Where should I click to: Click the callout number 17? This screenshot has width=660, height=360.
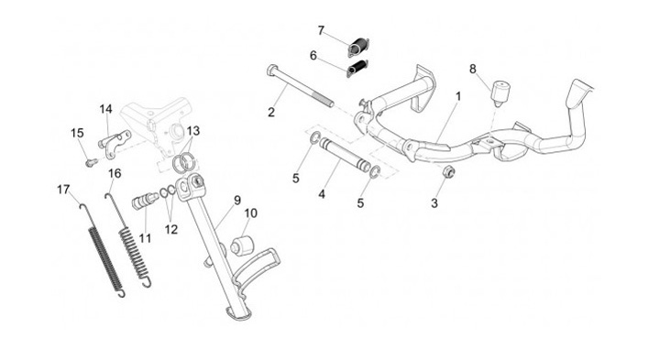[x=63, y=190]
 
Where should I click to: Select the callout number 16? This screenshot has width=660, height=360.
[x=115, y=173]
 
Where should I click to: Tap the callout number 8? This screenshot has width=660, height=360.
[x=473, y=69]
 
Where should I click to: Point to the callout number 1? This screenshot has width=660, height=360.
[x=458, y=96]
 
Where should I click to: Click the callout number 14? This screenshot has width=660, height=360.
[x=106, y=109]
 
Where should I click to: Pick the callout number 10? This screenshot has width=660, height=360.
[x=250, y=213]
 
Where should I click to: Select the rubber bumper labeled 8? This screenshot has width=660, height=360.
[x=500, y=93]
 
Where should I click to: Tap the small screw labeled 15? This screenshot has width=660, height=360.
[x=91, y=161]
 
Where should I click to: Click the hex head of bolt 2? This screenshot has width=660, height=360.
[x=271, y=70]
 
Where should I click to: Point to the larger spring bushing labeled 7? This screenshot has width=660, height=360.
[x=358, y=47]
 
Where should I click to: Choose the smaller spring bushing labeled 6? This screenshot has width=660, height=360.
[x=357, y=69]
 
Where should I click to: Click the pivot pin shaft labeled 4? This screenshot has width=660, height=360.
[x=345, y=155]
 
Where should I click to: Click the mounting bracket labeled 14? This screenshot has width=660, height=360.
[x=115, y=144]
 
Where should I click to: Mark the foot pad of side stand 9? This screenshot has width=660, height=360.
[x=238, y=313]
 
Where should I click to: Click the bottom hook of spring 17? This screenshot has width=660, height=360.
[x=121, y=293]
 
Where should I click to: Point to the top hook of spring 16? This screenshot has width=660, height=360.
[x=109, y=197]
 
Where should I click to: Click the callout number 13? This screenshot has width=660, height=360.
[x=193, y=131]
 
